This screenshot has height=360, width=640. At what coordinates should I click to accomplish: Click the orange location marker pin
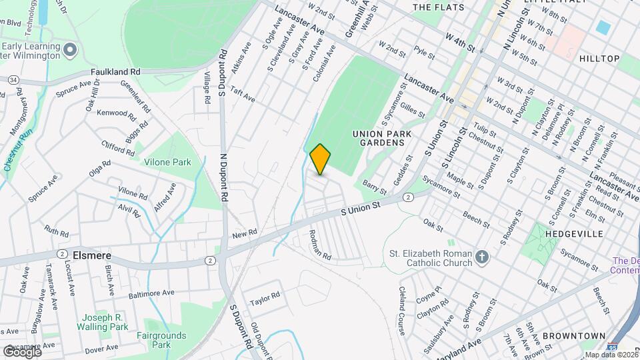click(x=321, y=159)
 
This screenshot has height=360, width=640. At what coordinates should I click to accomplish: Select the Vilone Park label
click(x=167, y=161)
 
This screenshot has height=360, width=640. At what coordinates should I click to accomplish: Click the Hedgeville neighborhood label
click(x=574, y=234)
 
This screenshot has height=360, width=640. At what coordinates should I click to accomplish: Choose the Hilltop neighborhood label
click(x=599, y=59)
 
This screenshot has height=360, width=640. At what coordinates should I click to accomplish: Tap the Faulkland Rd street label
click(x=117, y=72)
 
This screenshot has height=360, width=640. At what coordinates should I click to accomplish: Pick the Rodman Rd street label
click(x=321, y=245)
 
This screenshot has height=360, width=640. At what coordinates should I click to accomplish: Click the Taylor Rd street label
click(x=265, y=301)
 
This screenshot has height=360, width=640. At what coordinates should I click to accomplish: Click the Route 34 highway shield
click(x=13, y=80)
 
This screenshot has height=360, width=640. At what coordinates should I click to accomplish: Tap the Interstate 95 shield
click(x=612, y=347)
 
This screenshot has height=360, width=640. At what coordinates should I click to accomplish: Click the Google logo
click(x=22, y=351)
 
